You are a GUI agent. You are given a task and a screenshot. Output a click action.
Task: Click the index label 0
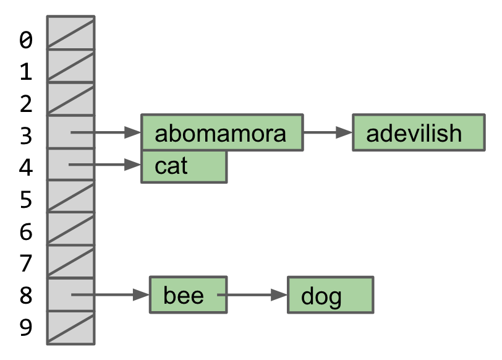click(x=25, y=40)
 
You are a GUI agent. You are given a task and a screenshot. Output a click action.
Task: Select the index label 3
click(x=25, y=135)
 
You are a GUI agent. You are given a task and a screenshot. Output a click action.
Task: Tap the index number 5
click(x=25, y=200)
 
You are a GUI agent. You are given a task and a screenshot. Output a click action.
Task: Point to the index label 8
click(x=25, y=296)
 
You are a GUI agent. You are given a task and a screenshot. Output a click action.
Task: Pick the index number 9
click(x=25, y=327)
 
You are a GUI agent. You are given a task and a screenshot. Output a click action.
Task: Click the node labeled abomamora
click(x=222, y=132)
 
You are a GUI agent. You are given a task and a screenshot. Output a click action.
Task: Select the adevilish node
click(x=418, y=132)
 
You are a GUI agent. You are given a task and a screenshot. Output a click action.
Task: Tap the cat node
click(x=184, y=166)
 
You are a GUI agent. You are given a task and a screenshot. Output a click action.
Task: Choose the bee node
click(x=188, y=295)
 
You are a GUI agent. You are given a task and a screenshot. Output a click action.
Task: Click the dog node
click(x=330, y=295)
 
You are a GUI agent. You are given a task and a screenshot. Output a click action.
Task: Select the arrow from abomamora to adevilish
click(x=328, y=132)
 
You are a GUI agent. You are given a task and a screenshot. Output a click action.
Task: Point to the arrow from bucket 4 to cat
click(x=105, y=165)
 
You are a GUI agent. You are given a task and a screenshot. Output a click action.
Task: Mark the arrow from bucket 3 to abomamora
click(x=105, y=132)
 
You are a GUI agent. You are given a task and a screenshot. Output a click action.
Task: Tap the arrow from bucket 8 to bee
click(x=110, y=295)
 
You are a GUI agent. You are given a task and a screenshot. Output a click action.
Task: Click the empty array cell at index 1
click(x=71, y=67)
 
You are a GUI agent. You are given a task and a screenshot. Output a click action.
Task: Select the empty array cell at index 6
click(x=71, y=229)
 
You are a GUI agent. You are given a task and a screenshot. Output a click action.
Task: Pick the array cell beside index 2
click(x=71, y=99)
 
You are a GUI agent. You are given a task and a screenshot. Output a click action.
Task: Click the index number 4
click(x=25, y=168)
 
